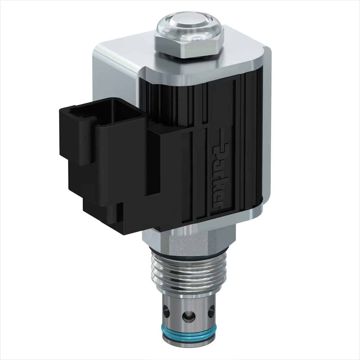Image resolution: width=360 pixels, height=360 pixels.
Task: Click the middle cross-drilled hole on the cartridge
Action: [187, 316]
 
